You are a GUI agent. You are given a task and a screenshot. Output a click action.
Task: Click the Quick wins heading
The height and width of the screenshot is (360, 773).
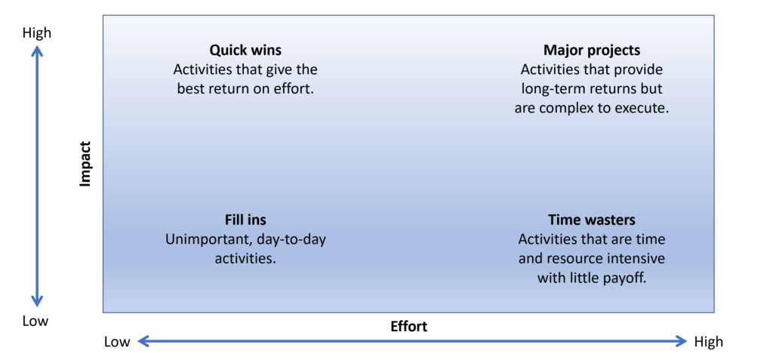(x=245, y=51)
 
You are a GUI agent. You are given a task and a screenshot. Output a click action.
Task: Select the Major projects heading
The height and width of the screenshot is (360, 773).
(x=592, y=51)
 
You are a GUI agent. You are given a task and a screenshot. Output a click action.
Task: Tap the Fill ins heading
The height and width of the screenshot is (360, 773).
(x=245, y=220)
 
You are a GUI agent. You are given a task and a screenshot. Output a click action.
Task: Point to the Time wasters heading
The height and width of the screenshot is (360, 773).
(x=592, y=220)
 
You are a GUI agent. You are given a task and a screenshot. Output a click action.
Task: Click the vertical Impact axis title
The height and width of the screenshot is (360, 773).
(x=86, y=165)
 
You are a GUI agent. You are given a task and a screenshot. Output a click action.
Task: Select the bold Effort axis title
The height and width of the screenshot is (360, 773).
(x=408, y=327)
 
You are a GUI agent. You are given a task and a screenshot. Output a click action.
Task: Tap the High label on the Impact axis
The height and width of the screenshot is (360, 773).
(x=37, y=33)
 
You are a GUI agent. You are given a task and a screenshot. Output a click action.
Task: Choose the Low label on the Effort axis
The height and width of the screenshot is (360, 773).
(x=117, y=342)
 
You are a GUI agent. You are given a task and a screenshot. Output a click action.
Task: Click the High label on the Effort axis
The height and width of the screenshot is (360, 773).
(x=708, y=342)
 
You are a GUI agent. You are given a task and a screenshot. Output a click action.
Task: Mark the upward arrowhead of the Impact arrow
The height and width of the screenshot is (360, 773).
(x=37, y=50)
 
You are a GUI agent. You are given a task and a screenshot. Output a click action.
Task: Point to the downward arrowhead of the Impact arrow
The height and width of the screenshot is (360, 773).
(x=37, y=301)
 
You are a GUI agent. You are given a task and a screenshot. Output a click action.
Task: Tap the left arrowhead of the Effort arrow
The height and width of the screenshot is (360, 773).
(x=143, y=341)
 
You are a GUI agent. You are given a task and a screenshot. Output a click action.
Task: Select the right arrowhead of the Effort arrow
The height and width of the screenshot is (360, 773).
(x=681, y=341)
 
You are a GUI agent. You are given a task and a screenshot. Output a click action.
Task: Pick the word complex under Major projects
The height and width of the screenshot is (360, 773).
(x=561, y=109)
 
